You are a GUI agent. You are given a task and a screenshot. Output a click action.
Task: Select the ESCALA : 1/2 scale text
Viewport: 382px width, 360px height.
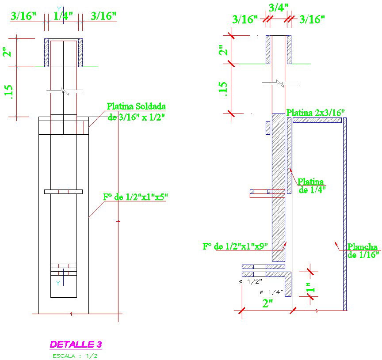coord(76,356)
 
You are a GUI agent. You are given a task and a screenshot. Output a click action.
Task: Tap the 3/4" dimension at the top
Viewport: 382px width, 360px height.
coord(279,7)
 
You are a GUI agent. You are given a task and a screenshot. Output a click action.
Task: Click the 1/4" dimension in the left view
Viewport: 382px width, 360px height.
coord(63,16)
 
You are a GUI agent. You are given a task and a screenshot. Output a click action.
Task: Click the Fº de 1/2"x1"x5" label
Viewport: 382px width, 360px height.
coord(136,197)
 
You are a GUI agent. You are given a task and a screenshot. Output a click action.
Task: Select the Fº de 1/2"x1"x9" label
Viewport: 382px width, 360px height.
coord(235,246)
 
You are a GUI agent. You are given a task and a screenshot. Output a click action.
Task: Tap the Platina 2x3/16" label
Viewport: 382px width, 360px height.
coord(315,113)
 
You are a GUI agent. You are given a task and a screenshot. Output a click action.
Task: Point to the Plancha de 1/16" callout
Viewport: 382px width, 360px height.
coord(363,250)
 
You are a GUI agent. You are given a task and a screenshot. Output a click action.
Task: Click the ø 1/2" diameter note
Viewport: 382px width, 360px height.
coord(251,281)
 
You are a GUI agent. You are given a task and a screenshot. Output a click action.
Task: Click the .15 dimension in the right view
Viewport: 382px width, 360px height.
coord(223,89)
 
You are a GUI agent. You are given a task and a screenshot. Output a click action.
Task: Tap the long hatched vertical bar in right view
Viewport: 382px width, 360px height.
coord(278,186)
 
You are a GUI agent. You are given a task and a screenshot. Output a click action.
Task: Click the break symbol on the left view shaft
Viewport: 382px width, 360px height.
coord(65,91)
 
